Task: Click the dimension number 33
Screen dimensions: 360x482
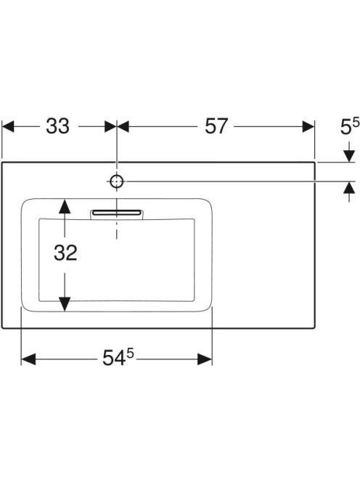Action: click(58, 126)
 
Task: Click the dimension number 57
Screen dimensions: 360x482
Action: click(216, 126)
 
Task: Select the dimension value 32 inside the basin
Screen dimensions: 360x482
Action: click(65, 253)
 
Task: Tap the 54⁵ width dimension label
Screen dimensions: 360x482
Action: click(118, 357)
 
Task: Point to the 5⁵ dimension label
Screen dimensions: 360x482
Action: click(350, 126)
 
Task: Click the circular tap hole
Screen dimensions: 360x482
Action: click(117, 181)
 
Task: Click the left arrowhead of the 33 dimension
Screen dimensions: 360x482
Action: click(8, 126)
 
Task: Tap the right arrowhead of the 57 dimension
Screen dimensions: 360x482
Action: click(308, 126)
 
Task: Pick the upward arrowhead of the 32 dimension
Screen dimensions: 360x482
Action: click(65, 206)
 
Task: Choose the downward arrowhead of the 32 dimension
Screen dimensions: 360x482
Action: click(65, 304)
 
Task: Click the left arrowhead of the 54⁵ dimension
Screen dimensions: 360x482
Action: click(28, 359)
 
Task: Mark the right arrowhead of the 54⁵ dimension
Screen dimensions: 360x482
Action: click(205, 359)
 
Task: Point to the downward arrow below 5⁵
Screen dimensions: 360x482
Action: click(349, 152)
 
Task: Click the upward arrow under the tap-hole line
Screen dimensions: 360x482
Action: click(349, 192)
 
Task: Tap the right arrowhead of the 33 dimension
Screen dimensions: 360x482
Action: click(110, 126)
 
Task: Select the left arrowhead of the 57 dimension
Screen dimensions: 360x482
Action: click(123, 126)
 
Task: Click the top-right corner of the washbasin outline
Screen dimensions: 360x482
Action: click(314, 162)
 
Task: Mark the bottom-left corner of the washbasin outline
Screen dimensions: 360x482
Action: click(2, 328)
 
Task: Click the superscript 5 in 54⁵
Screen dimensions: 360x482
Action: click(131, 354)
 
